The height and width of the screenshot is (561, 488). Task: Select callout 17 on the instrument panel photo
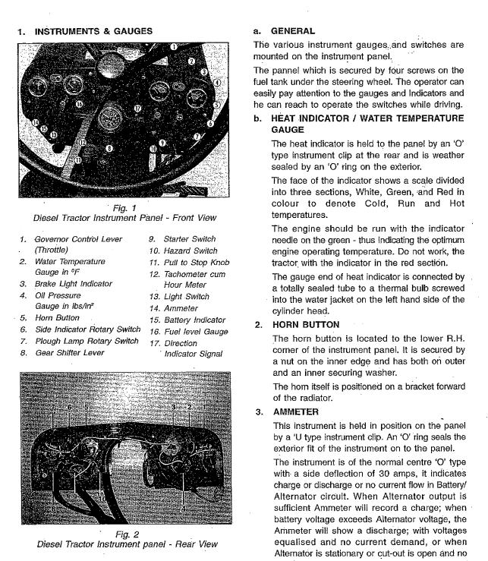(137, 109)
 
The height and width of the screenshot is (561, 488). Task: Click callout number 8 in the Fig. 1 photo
(109, 150)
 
